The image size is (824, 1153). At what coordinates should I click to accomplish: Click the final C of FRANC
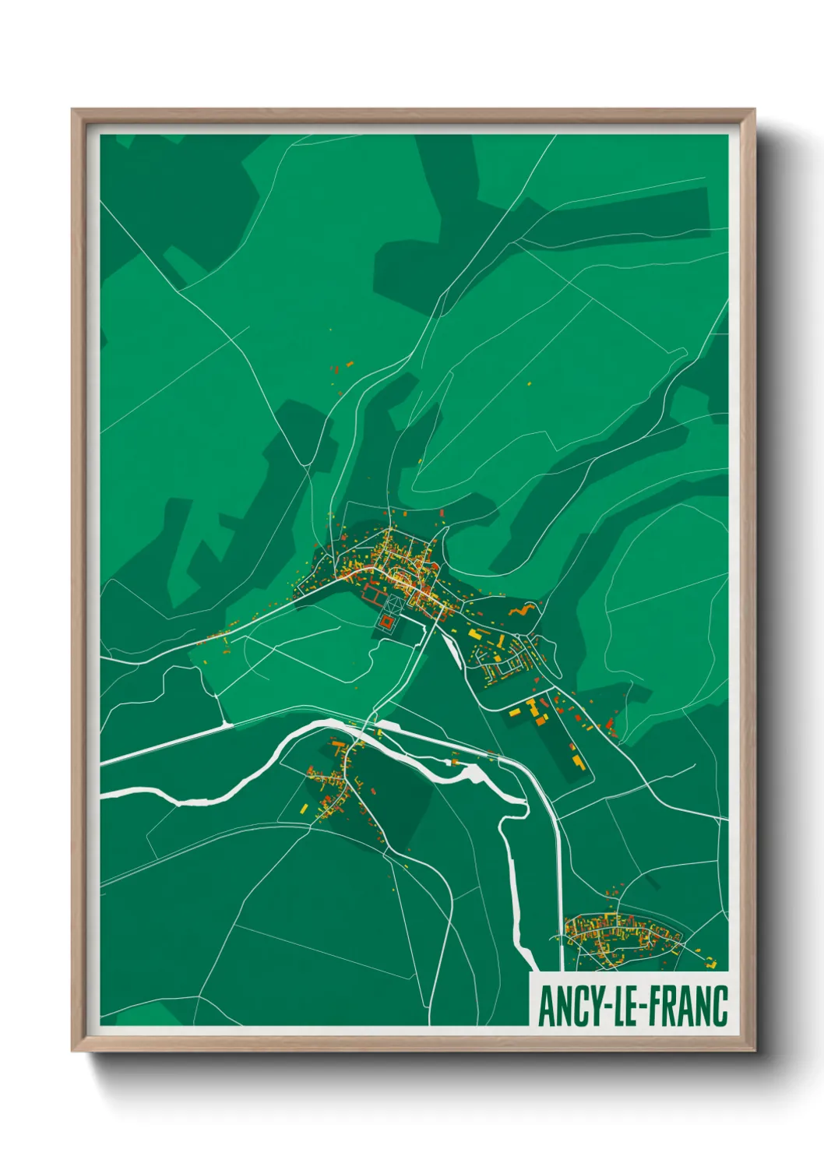pos(720,1007)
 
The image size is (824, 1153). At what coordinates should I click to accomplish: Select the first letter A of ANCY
pos(546,1007)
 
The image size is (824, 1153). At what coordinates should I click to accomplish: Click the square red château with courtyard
pos(387,622)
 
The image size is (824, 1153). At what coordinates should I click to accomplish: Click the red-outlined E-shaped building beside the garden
pos(373,596)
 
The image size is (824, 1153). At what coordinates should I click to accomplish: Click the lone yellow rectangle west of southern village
pos(304,808)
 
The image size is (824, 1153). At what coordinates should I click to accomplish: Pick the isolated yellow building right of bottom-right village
pos(711,964)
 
